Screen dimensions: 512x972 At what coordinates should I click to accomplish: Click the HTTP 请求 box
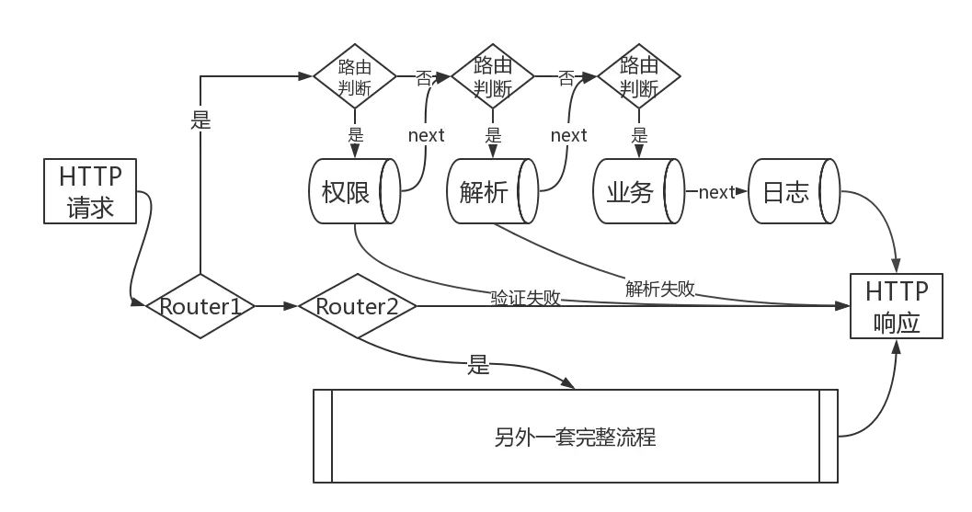90,191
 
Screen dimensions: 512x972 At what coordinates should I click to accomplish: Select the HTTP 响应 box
897,308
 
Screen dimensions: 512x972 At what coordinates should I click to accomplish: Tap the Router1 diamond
200,306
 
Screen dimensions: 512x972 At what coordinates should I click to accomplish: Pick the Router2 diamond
357,306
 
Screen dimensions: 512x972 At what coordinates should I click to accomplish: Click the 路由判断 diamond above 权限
356,77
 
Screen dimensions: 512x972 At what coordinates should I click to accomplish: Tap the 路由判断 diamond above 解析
493,77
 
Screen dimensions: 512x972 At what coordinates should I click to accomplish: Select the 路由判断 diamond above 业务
639,77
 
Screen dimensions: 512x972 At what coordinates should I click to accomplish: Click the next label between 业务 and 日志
716,192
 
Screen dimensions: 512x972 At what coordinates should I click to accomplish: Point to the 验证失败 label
526,297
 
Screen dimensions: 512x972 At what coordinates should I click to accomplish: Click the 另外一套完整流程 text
575,437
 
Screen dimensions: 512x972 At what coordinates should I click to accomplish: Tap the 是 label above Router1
200,118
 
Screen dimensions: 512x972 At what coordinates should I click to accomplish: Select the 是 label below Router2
479,366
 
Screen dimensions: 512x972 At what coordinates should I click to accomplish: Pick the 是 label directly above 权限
356,134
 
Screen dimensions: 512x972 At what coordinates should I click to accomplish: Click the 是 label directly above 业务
639,134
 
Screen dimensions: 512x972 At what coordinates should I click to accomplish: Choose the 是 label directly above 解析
493,134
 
